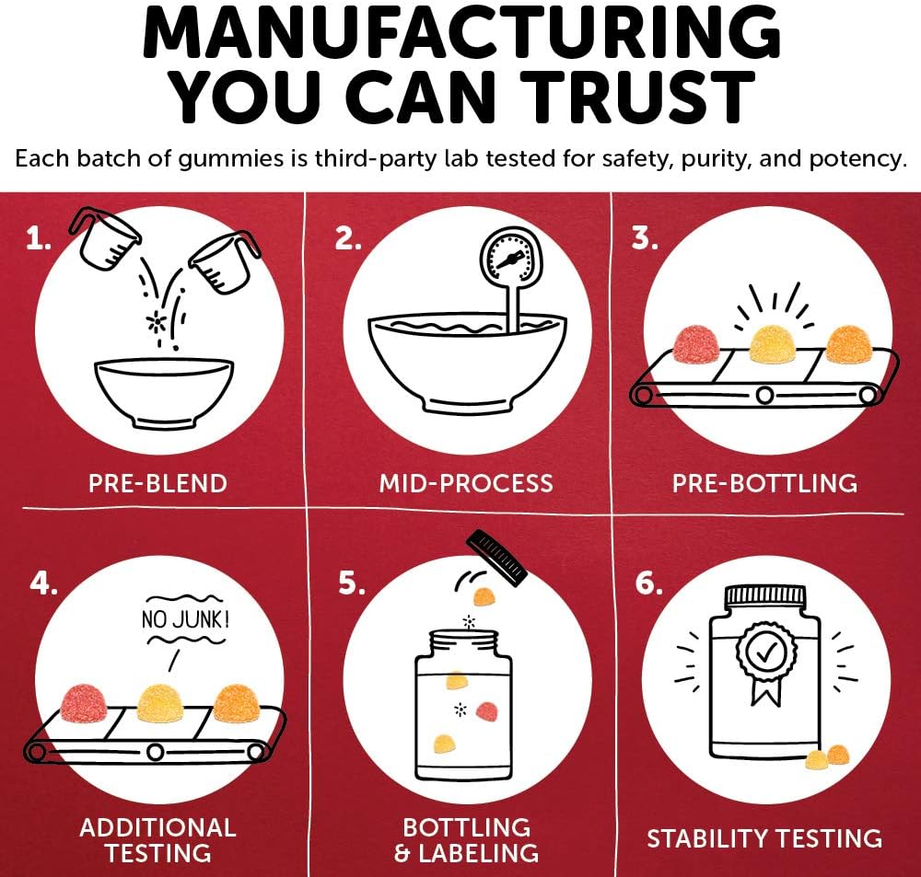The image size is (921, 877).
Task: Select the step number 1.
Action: point(38,239)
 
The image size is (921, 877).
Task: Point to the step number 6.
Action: point(648,583)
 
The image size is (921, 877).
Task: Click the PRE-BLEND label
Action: point(157,483)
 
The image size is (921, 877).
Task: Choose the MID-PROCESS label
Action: point(466,483)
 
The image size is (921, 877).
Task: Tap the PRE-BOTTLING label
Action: point(764,483)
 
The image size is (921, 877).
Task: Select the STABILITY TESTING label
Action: point(764,837)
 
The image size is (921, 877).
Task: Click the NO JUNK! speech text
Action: point(185,619)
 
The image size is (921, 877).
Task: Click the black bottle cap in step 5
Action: point(496,557)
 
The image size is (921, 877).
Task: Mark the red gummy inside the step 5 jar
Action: point(487,711)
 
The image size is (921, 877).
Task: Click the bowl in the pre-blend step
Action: point(164,391)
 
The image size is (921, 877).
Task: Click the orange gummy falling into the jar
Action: point(484,597)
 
